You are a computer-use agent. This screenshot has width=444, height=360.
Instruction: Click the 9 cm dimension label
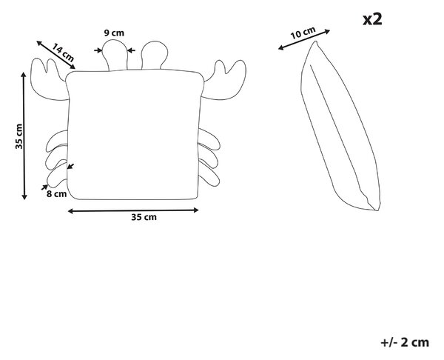point(114,33)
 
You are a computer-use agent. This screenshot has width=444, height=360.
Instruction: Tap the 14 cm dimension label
point(64,53)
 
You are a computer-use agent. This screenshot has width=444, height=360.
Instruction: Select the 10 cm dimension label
point(303,33)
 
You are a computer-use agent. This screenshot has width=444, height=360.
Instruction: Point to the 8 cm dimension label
point(57,194)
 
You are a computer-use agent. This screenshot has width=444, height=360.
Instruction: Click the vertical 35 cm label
point(19,136)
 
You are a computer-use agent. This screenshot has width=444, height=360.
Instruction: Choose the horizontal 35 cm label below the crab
point(144,217)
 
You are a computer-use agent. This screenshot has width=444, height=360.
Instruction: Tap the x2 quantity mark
point(373,19)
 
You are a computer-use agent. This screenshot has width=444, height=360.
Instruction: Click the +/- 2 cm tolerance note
point(405,342)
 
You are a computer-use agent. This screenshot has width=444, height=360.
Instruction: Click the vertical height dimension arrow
point(24,136)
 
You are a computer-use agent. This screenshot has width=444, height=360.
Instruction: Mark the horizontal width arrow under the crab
point(133,210)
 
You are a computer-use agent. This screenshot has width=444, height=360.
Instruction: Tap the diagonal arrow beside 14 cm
point(55,55)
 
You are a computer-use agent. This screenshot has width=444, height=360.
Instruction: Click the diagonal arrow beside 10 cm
point(304,40)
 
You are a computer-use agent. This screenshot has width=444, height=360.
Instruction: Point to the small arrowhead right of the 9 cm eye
point(131,50)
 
